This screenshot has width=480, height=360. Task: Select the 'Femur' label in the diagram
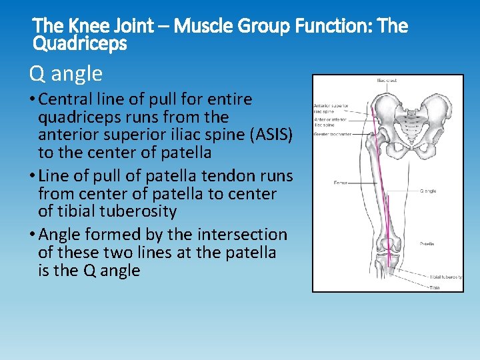(x=339, y=182)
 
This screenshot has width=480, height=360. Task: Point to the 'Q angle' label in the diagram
(x=427, y=191)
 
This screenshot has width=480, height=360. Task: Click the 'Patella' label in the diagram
(x=427, y=244)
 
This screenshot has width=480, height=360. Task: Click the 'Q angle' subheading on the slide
(x=66, y=73)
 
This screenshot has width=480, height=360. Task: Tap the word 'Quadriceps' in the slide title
(x=80, y=44)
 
